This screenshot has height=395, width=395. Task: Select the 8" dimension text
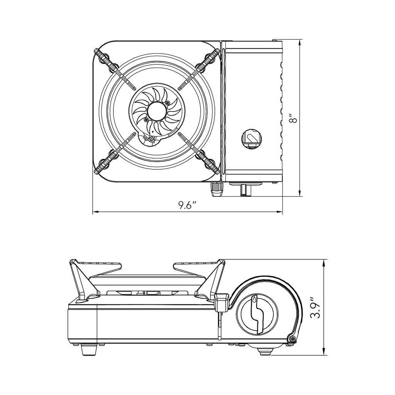[295, 118]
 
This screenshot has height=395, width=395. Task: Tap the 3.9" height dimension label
[316, 307]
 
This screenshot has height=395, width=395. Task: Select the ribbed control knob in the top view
[217, 189]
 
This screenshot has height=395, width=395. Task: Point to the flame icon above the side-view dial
[255, 299]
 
